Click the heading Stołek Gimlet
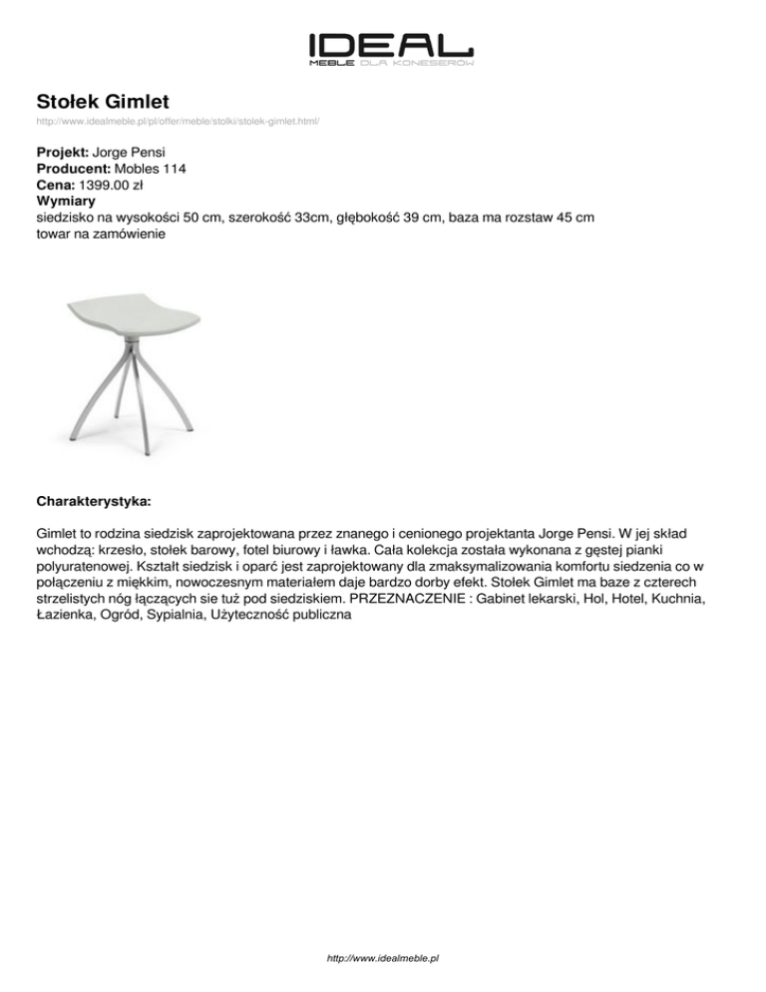coord(103,101)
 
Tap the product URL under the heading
coord(178,121)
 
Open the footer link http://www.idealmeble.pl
coord(383,958)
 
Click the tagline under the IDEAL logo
coord(391,63)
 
